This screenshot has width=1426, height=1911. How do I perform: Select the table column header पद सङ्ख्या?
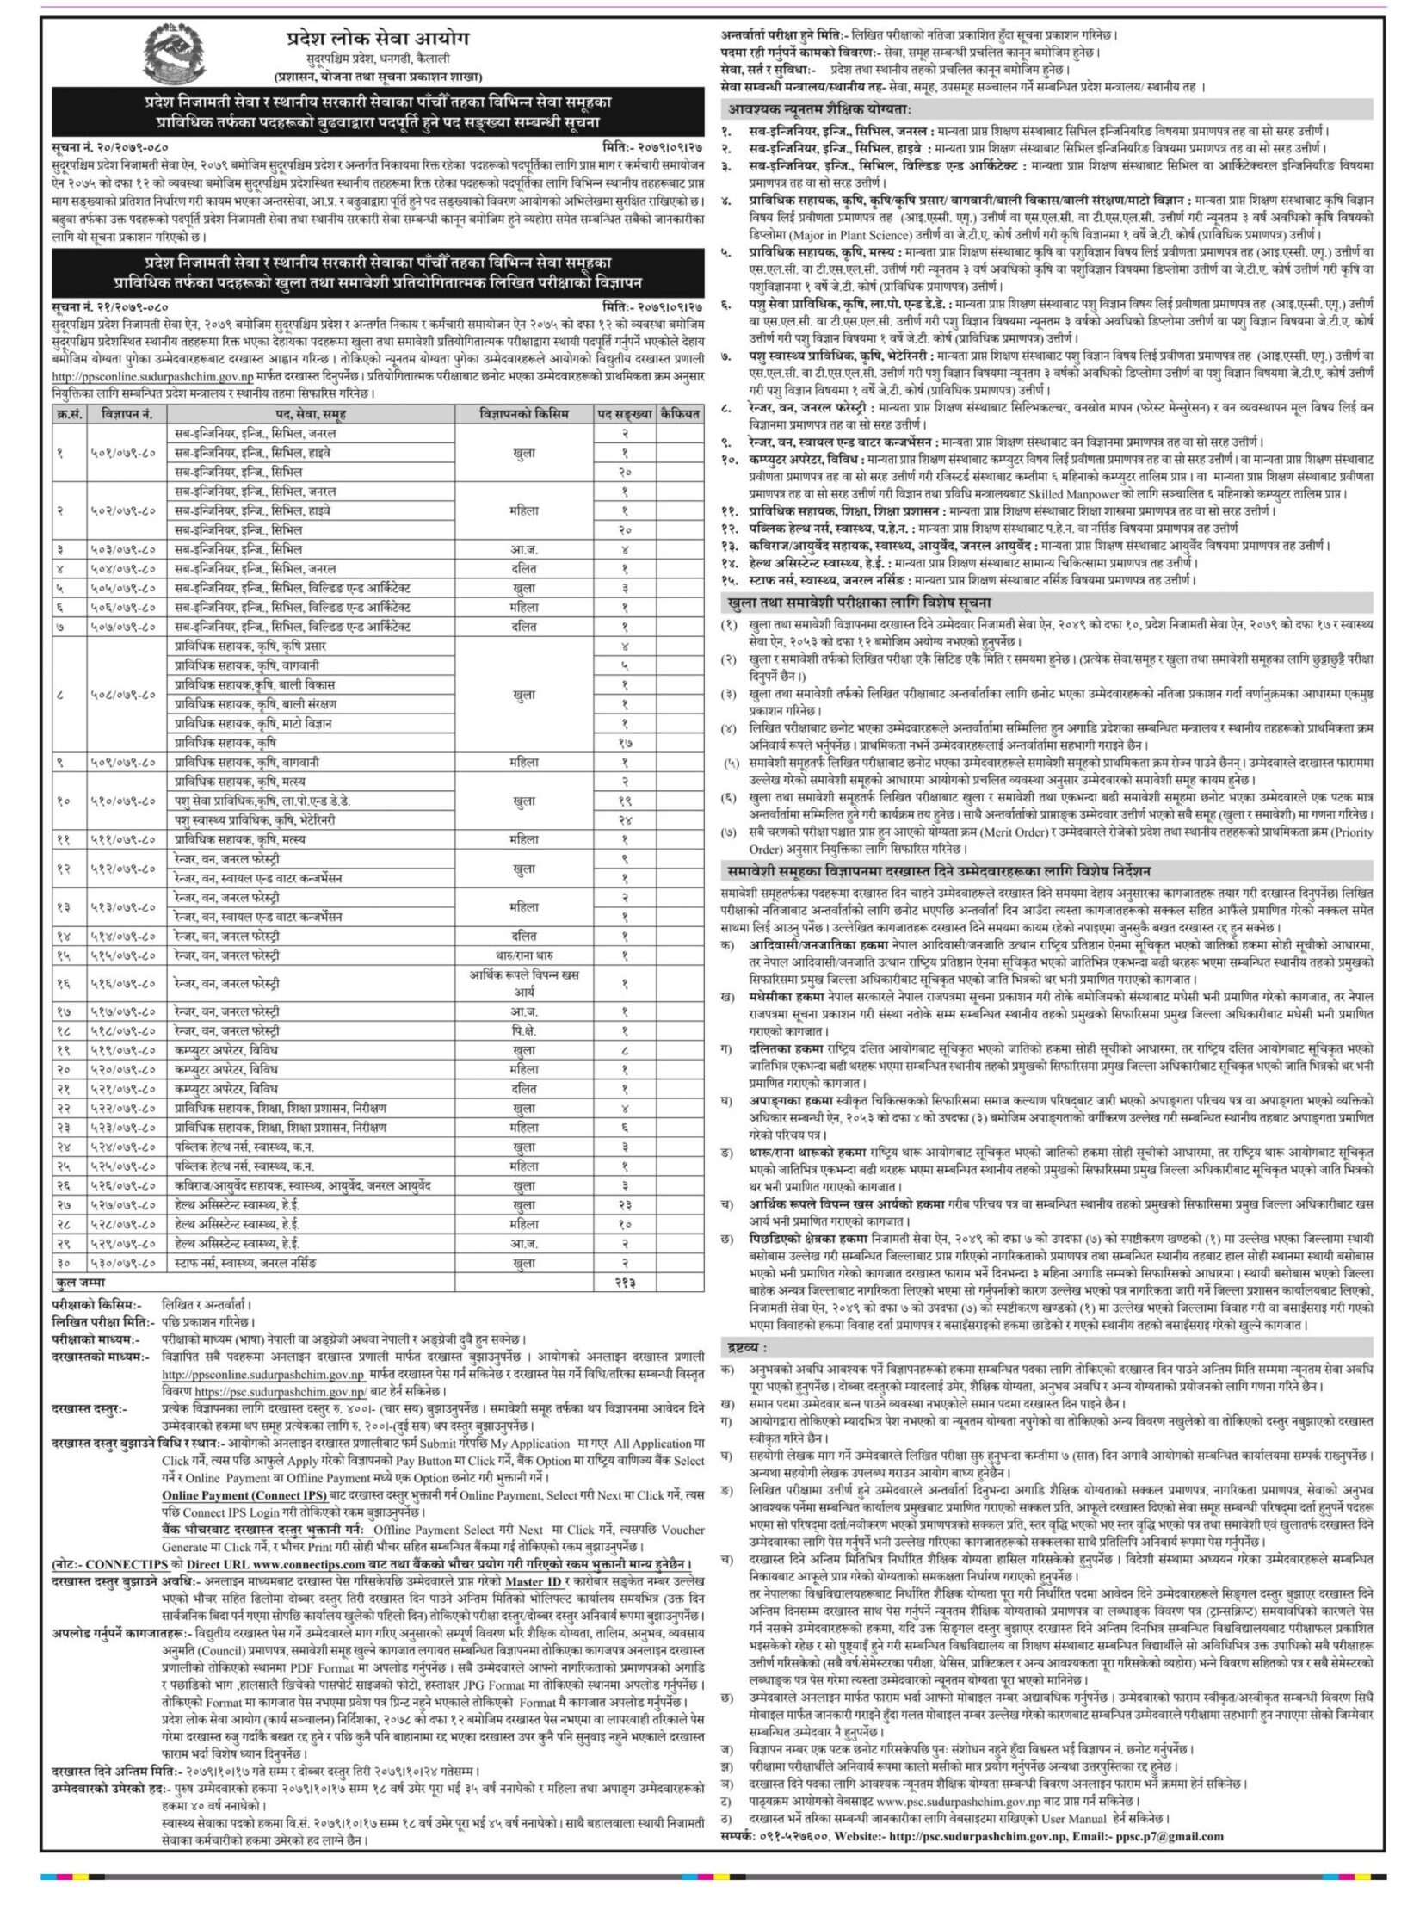624,415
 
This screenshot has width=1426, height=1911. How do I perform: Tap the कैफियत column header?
679,415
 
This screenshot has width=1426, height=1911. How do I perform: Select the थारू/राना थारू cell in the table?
523,955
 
